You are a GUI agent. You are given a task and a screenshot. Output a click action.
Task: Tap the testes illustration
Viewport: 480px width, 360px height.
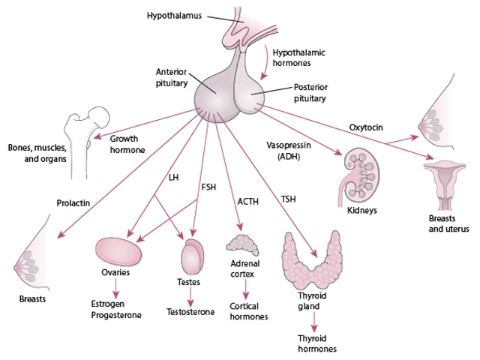[x=192, y=257]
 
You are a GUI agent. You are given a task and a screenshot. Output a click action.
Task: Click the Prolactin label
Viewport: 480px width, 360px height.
[x=73, y=202]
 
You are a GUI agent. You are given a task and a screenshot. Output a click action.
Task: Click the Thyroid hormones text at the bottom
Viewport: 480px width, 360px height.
[x=315, y=343]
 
